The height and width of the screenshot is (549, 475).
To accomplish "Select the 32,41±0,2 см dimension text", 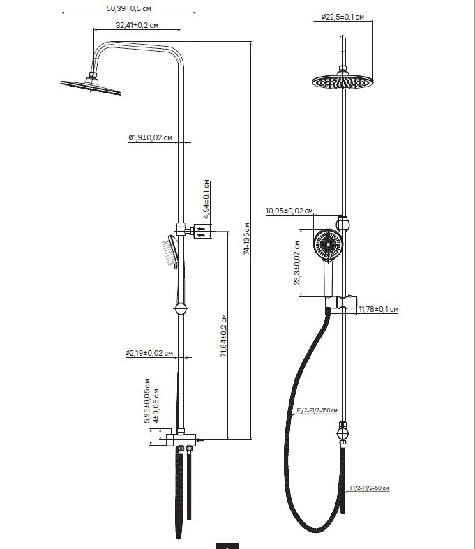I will point(137,26).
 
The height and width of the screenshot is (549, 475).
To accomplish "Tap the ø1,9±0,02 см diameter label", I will point(150,138).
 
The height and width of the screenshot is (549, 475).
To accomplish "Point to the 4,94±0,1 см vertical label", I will point(206,200).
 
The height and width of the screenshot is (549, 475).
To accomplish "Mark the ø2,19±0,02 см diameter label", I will point(149,354).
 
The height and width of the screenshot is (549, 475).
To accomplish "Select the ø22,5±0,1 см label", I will point(342,17).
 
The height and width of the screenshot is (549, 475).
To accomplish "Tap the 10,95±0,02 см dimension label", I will point(289,211).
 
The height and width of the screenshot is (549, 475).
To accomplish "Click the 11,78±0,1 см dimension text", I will point(377,309).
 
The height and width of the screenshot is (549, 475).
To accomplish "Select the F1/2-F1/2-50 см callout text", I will point(369,488).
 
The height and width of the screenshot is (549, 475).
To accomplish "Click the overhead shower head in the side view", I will point(91,87).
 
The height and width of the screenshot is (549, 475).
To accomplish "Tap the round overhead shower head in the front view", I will point(342,82).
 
